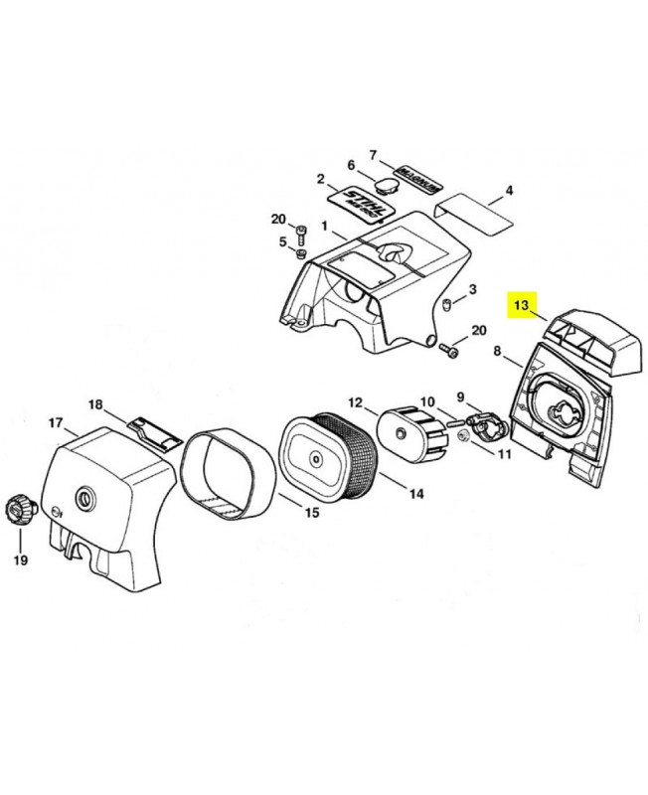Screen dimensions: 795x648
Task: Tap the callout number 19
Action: click(21, 559)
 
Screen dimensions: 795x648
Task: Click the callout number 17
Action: click(56, 423)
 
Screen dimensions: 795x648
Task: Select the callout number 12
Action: click(356, 402)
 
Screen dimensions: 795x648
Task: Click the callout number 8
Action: click(499, 350)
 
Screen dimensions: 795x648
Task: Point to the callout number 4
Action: click(509, 190)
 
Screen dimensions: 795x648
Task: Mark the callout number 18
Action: click(95, 404)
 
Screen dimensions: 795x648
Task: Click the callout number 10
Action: click(426, 402)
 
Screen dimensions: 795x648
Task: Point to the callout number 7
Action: click(374, 155)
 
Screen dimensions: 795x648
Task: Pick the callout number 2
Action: click(320, 179)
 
